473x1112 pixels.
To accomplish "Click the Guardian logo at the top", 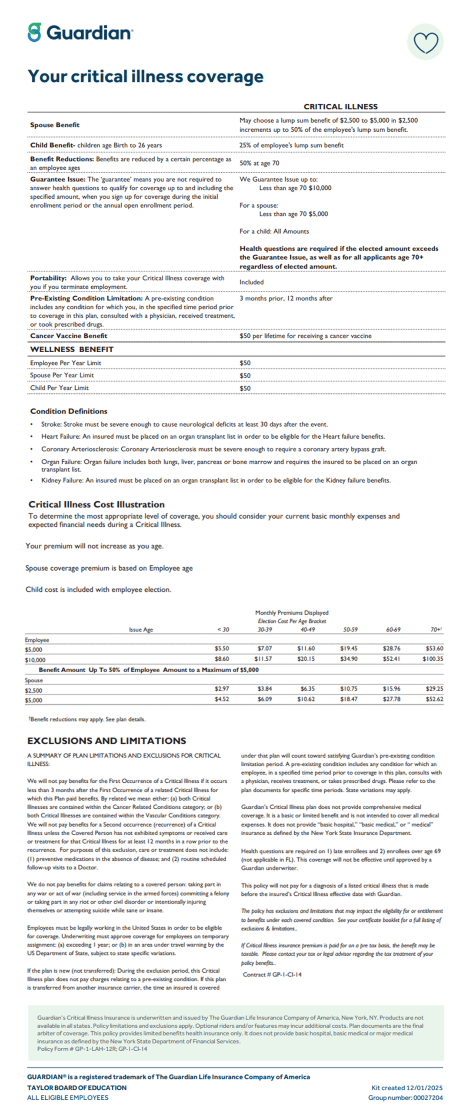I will coord(80,33).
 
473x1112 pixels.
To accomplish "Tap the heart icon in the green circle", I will coord(425,42).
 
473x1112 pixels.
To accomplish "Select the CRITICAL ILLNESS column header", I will coord(340,106).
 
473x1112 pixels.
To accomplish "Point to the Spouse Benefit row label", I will coord(55,125).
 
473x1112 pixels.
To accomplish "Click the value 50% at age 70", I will coord(259,163).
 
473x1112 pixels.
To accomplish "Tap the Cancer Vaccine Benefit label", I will coord(68,336).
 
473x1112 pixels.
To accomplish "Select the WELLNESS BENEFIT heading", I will coord(72,349).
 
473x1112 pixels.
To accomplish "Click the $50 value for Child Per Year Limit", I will coord(245,388).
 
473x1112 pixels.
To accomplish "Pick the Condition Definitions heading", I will coord(69,411).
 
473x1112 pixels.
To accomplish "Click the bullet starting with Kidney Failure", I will coord(216,480).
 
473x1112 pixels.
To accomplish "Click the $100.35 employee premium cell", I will coord(433,659).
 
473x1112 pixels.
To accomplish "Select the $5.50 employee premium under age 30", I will coord(222,649).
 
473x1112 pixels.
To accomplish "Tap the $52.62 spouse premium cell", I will coord(434,699).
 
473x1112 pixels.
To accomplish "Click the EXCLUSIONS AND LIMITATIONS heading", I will coord(107,741).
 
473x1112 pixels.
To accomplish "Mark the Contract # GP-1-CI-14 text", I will coord(272,974).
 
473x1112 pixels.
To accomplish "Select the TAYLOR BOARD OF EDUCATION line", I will coord(77,1088).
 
